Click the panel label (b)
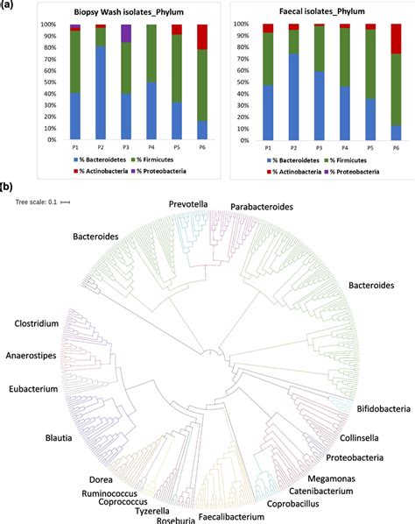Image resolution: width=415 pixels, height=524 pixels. tap(7, 187)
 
